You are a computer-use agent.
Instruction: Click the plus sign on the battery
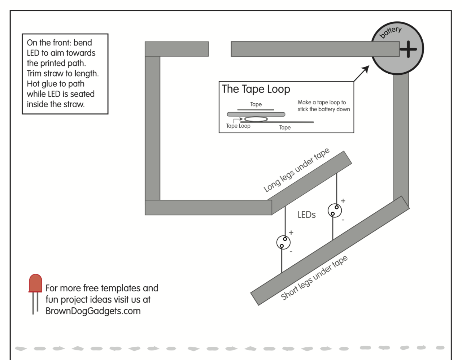(x=408, y=49)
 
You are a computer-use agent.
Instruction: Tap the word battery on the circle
(x=391, y=32)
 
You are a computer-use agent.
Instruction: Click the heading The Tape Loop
(x=256, y=89)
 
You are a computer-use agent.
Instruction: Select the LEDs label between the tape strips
(x=306, y=215)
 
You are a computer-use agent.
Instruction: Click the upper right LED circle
(x=335, y=211)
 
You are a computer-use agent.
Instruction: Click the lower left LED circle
(x=283, y=242)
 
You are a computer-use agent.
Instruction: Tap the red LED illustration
(x=35, y=294)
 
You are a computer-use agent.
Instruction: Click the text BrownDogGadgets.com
(x=93, y=311)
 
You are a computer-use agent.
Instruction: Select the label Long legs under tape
(x=296, y=170)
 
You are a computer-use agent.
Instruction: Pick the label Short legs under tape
(x=314, y=278)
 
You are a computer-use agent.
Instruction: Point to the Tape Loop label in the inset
(x=238, y=126)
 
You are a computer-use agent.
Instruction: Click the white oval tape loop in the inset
(x=256, y=119)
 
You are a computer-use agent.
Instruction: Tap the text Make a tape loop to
(x=322, y=103)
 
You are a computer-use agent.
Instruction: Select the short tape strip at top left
(x=176, y=49)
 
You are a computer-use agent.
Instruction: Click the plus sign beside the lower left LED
(x=291, y=233)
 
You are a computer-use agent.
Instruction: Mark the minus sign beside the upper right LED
(x=343, y=220)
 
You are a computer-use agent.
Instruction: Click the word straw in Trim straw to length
(x=54, y=74)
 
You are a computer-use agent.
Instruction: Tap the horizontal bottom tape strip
(x=208, y=208)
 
